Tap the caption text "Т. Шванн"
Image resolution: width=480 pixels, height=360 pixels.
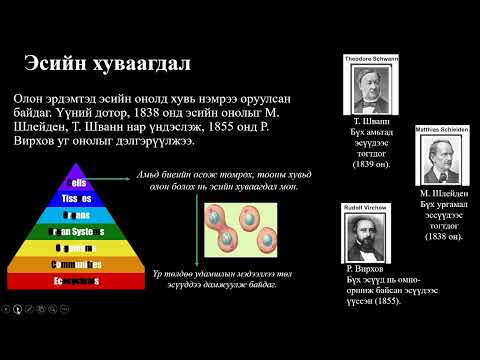pos(372,121)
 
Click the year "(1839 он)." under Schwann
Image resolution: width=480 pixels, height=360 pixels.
pos(375,163)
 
